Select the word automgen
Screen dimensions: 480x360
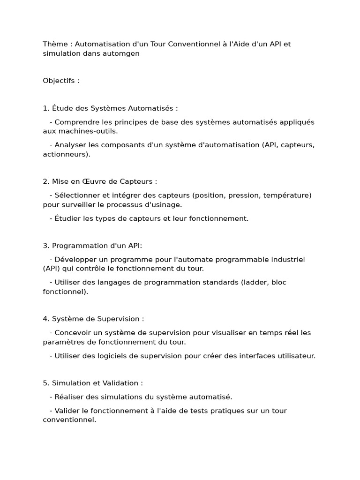pos(123,53)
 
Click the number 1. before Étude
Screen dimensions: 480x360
pos(46,108)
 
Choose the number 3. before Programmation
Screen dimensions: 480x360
pos(46,246)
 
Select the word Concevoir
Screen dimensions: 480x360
pos(74,332)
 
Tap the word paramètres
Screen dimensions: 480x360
pos(65,342)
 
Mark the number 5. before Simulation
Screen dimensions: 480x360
pos(46,383)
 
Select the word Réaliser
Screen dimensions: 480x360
pos(69,397)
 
